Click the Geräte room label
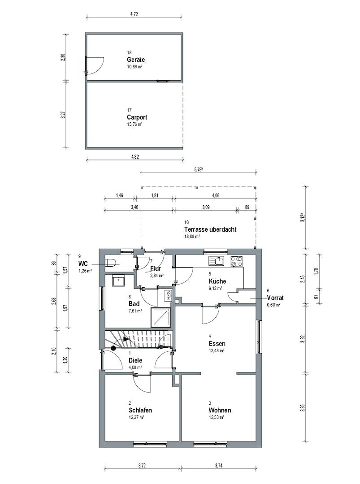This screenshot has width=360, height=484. click(x=135, y=60)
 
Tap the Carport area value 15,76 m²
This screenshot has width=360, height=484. click(x=134, y=125)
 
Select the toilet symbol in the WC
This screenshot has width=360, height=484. click(x=111, y=264)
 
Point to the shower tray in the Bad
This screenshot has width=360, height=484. click(x=160, y=317)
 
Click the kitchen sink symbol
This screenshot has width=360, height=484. click(x=217, y=261)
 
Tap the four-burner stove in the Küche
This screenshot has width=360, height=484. click(x=237, y=261)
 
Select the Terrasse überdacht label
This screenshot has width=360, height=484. click(x=210, y=229)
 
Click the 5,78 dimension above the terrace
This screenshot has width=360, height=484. click(x=198, y=169)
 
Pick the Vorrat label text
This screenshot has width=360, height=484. click(x=275, y=298)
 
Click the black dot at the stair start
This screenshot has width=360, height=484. click(x=113, y=348)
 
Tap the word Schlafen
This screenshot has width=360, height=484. click(x=140, y=410)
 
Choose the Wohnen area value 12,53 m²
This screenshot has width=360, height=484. click(x=216, y=417)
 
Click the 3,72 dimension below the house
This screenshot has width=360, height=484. click(x=142, y=466)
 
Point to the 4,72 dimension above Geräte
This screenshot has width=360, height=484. click(x=134, y=14)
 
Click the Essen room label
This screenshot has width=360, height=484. click(x=217, y=344)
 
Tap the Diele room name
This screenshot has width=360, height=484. click(x=135, y=360)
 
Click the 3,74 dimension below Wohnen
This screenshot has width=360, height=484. click(x=219, y=466)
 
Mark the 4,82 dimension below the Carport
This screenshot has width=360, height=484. click(x=135, y=157)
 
